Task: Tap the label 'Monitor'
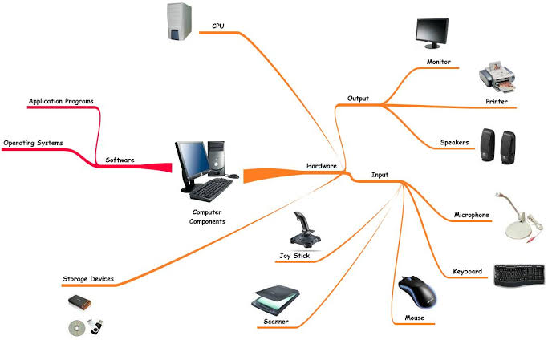(x=438, y=62)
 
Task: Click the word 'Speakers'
(x=454, y=143)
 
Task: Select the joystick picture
(x=303, y=229)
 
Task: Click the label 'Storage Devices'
(x=88, y=279)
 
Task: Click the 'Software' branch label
(x=120, y=160)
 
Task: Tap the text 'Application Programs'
(x=61, y=102)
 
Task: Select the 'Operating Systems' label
(x=33, y=144)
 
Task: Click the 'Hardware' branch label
(x=321, y=166)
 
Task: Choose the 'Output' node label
(x=358, y=99)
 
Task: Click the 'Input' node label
(x=380, y=174)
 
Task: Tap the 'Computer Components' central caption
(x=207, y=216)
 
